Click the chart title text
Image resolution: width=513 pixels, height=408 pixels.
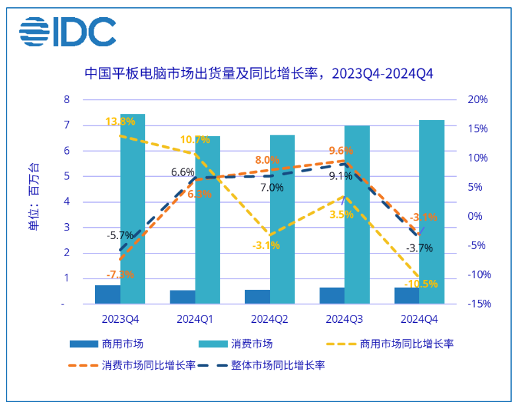pos(258,73)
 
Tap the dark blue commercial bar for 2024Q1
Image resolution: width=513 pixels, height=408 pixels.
pos(182,297)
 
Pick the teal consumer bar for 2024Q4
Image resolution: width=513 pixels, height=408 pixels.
pos(432,212)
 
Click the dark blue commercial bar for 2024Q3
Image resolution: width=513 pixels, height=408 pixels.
pos(331,296)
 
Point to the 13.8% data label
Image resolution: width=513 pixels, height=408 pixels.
pos(120,121)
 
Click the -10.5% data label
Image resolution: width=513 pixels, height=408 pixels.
pos(422,284)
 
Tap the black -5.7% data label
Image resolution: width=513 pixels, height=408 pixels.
pos(120,234)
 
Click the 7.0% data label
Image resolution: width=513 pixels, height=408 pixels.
pos(271,187)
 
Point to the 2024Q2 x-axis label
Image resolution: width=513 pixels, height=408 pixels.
pos(270,319)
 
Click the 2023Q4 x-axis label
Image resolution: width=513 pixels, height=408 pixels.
pos(120,319)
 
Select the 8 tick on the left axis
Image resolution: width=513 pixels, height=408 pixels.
pos(66,100)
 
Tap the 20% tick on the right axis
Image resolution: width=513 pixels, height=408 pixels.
pos(477,100)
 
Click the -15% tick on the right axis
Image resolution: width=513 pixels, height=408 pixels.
pos(475,304)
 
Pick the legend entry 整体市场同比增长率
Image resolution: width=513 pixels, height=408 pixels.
pos(277,364)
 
